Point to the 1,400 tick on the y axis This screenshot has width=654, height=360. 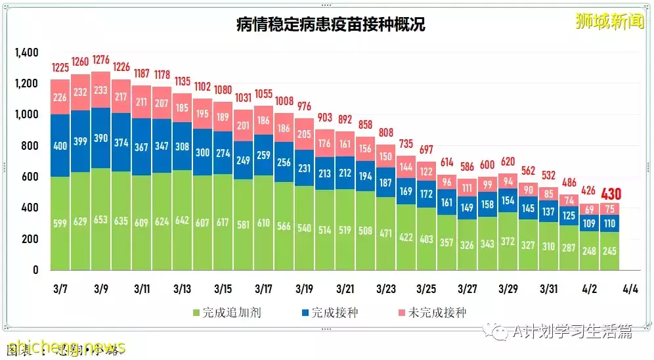click(27, 53)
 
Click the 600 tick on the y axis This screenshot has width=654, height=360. click(30, 177)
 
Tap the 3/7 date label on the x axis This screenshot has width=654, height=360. click(61, 289)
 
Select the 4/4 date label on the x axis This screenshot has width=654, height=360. click(630, 289)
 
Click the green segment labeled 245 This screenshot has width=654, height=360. click(609, 251)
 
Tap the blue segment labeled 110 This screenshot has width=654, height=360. click(609, 223)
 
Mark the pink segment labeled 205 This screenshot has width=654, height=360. click(305, 135)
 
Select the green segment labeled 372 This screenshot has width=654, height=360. click(508, 241)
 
